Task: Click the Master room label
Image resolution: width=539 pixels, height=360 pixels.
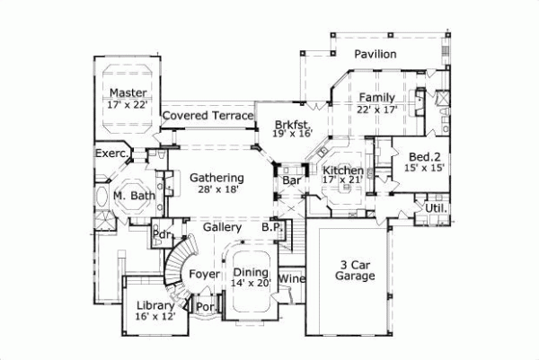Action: (x=128, y=93)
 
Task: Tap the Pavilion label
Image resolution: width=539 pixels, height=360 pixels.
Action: (x=375, y=56)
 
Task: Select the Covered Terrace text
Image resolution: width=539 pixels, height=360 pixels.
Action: (x=208, y=117)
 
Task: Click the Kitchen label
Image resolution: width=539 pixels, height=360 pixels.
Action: (x=342, y=171)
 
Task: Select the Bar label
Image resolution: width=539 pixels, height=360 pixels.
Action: (x=291, y=181)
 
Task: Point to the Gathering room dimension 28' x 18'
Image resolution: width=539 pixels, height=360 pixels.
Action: (x=217, y=190)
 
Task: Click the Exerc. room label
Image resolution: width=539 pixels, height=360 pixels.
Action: (x=113, y=154)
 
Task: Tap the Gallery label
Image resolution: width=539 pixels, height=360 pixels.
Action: (x=222, y=228)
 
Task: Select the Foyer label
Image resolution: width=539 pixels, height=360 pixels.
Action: (x=204, y=274)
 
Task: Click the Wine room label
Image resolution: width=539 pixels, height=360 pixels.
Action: (x=293, y=279)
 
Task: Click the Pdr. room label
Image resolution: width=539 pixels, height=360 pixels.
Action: (x=163, y=235)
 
